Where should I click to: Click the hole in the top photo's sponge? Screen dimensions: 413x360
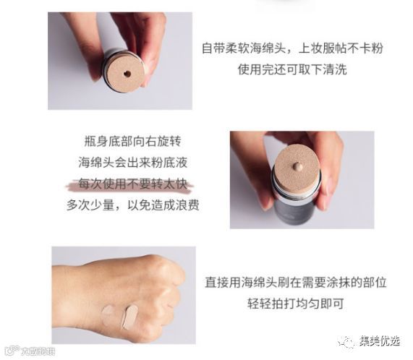click(x=127, y=74)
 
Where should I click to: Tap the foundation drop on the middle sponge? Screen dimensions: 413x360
click(x=297, y=166)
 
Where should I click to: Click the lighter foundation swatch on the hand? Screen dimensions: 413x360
click(x=129, y=317)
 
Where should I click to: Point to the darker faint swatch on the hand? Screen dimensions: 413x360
click(x=108, y=314)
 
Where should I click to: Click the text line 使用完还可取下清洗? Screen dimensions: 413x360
click(x=292, y=69)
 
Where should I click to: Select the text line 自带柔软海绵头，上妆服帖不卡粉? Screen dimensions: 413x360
click(x=292, y=48)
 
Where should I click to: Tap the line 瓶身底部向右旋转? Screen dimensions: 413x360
click(x=133, y=141)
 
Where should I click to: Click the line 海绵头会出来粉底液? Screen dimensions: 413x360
click(x=133, y=163)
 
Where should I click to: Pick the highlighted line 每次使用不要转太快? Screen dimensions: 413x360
click(x=133, y=184)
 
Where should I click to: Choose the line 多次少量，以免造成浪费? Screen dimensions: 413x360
click(x=133, y=205)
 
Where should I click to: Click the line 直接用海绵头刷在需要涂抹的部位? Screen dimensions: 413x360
click(x=296, y=282)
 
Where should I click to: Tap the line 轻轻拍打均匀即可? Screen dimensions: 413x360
click(x=296, y=303)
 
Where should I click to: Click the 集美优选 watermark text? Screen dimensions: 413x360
click(x=379, y=341)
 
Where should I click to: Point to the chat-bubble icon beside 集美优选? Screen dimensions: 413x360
click(x=346, y=342)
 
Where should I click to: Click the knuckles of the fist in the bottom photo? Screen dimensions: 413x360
click(x=169, y=284)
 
